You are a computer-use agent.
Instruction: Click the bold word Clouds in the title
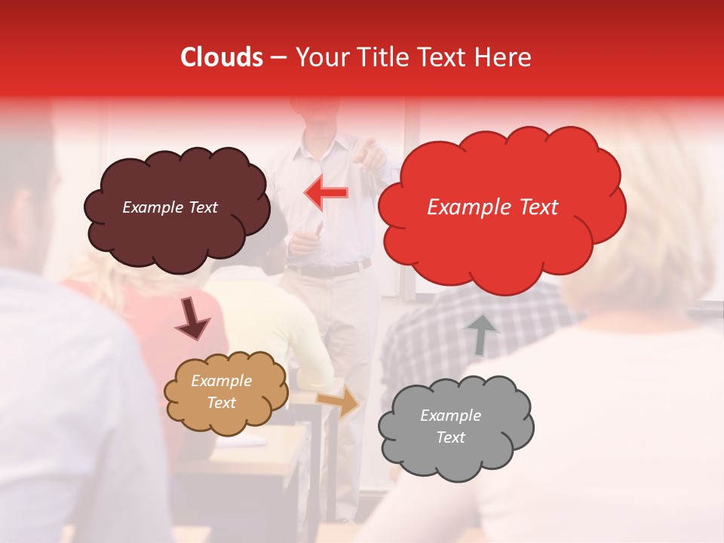222,57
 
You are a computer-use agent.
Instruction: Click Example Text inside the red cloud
492,207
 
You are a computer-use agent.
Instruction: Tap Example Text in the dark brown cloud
170,207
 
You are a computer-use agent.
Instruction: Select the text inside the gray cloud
450,426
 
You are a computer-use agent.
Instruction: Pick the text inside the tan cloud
221,391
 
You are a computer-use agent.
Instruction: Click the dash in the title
278,58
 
